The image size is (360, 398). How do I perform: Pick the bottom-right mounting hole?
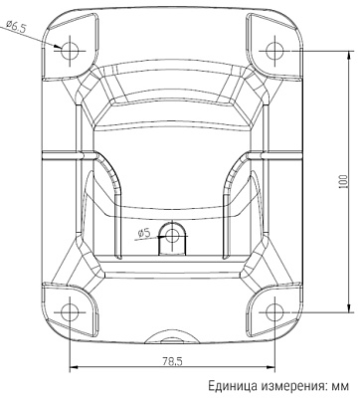pyautogui.click(x=275, y=309)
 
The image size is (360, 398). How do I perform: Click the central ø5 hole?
pyautogui.click(x=173, y=236)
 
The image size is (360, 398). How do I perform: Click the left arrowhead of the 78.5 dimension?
pyautogui.click(x=74, y=367)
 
